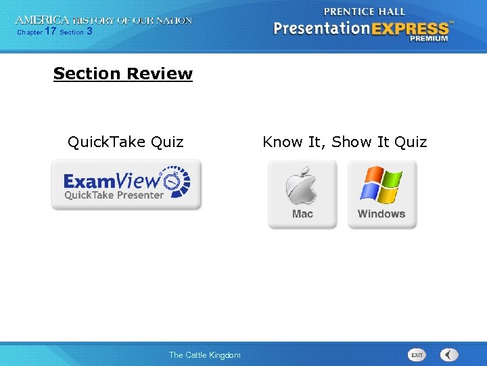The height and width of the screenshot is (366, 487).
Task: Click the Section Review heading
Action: coord(122,74)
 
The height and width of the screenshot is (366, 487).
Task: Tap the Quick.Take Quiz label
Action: coord(125,142)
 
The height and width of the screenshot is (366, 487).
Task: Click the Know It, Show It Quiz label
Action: coord(345,142)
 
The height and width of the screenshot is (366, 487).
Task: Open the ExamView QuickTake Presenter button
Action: coord(126,185)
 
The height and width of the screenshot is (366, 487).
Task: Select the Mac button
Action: coord(302,195)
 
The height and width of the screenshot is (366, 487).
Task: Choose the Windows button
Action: coord(381,195)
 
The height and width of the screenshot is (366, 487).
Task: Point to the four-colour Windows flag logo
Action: coord(381,184)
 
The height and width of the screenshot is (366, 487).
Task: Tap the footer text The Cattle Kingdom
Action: coord(204,355)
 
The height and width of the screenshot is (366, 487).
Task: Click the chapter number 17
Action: coord(50,31)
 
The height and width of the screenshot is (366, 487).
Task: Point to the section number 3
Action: coord(89,31)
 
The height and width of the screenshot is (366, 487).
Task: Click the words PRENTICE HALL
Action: coord(365,12)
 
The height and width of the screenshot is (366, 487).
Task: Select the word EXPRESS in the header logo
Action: coord(414,28)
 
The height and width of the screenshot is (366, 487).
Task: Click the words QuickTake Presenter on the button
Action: coord(114,195)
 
